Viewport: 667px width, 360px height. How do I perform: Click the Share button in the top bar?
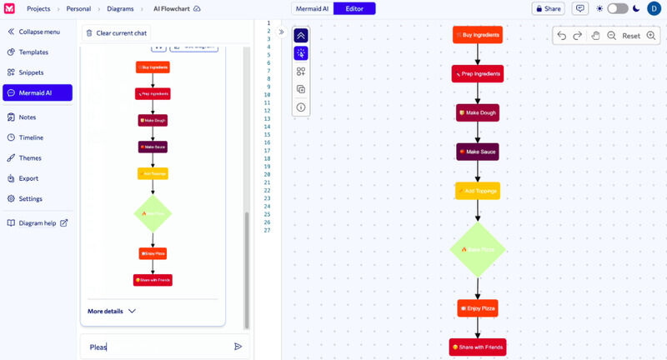point(548,8)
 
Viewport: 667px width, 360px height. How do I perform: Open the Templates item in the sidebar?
point(33,52)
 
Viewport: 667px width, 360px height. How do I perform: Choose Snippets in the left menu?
point(31,72)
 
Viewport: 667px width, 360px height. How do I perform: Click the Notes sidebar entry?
point(28,117)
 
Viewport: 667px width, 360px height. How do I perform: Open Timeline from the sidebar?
point(31,137)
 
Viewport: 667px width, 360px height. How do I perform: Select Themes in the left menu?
point(30,158)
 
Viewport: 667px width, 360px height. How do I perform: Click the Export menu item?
point(28,178)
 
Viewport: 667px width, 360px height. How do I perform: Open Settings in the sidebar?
point(31,198)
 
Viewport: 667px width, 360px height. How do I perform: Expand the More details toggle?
point(112,311)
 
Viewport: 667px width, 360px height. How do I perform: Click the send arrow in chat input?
point(238,347)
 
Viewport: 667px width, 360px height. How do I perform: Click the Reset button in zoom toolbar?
point(631,36)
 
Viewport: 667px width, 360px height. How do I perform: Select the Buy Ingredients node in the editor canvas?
point(478,35)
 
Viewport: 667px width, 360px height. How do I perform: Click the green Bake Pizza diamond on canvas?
point(478,249)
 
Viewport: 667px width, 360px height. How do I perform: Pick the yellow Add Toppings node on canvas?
point(478,191)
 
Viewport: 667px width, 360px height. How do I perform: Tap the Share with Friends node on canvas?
point(478,347)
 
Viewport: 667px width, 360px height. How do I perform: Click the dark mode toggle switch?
point(617,8)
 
